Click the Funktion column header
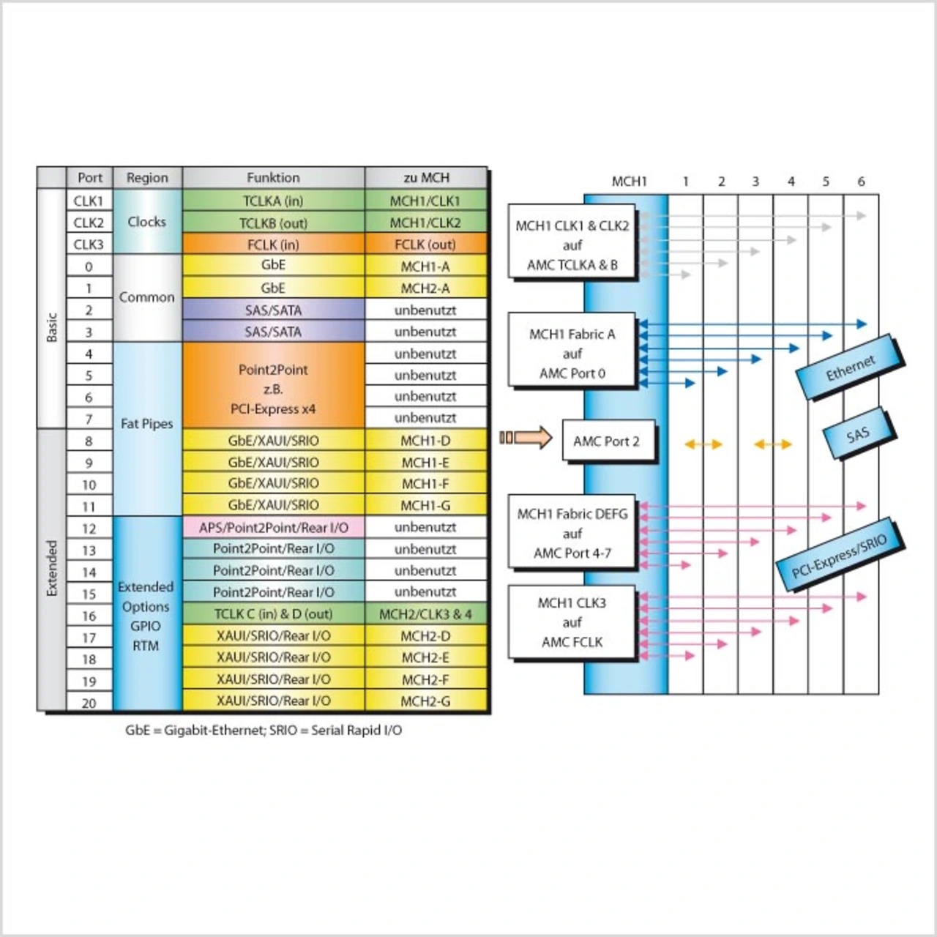click(x=273, y=177)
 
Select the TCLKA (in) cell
click(x=273, y=201)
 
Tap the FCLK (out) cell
click(x=425, y=244)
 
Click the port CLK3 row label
click(x=89, y=244)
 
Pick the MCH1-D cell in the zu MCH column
click(x=425, y=440)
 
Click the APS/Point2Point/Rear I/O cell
click(x=273, y=527)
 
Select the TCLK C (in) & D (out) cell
click(x=273, y=613)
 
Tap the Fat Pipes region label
click(x=146, y=424)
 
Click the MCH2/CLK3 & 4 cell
click(x=425, y=613)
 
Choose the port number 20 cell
click(x=89, y=703)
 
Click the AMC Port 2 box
click(x=607, y=441)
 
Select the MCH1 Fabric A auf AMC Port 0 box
click(x=572, y=353)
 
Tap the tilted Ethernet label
click(x=849, y=367)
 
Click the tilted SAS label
click(x=858, y=434)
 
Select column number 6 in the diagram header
click(x=861, y=181)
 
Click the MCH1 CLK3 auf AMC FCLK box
click(x=572, y=622)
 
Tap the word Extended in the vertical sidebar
click(x=52, y=569)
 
